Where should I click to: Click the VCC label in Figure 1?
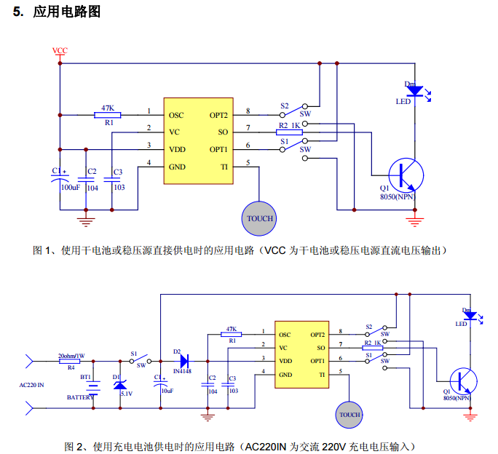[60, 51]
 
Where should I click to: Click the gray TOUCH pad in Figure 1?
[260, 218]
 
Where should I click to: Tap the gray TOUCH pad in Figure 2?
[349, 415]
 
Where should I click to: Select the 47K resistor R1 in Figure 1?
[108, 114]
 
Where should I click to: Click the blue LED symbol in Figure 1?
[414, 91]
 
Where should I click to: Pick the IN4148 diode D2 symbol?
[182, 360]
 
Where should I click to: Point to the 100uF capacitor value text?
[71, 187]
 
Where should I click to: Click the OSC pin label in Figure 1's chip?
[176, 115]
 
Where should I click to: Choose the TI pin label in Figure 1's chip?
[224, 167]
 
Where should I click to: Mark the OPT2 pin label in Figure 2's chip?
[317, 335]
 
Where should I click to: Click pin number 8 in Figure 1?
[248, 111]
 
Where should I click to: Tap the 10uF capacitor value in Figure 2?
[167, 391]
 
